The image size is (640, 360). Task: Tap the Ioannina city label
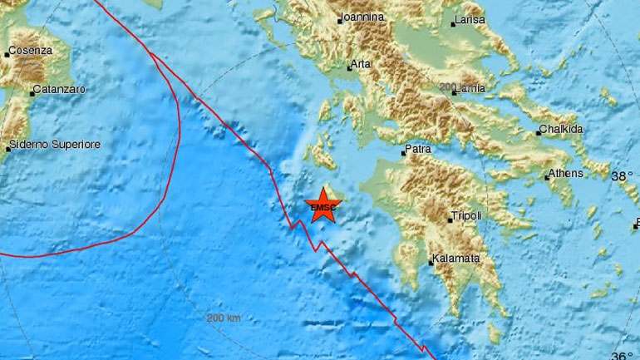click(362, 17)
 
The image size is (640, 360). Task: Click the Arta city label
click(360, 62)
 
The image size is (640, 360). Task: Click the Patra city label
click(417, 151)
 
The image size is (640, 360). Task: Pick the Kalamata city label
click(456, 259)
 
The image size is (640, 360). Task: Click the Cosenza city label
click(31, 51)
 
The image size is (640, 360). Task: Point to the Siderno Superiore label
click(56, 145)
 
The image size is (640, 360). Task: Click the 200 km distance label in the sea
click(222, 318)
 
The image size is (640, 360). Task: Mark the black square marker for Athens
click(547, 176)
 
